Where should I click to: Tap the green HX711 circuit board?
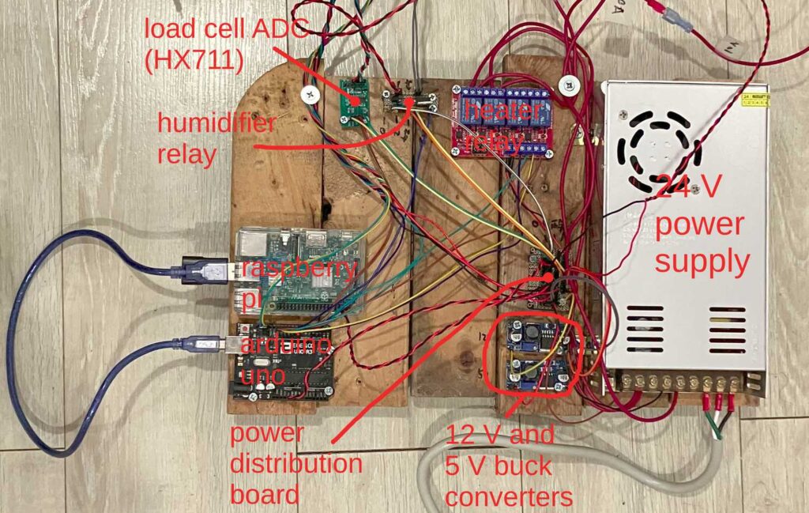[355, 99]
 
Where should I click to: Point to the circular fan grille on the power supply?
[660, 145]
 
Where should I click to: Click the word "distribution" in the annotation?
[295, 463]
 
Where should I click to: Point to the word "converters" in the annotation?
[508, 496]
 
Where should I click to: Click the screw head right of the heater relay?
[566, 83]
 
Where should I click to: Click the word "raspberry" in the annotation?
[299, 267]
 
